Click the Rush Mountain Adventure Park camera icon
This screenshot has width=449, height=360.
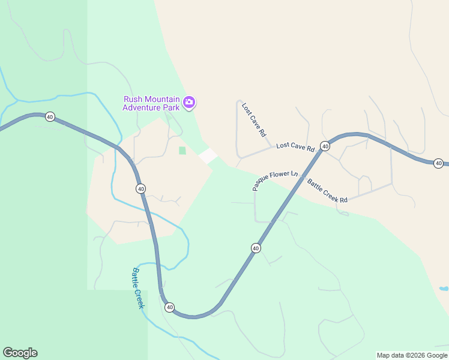point(189,103)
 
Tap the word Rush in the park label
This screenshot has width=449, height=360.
point(133,100)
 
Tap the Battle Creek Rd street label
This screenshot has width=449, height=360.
point(327,191)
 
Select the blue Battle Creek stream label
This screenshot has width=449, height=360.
point(138,288)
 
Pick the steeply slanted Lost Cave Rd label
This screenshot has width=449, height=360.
point(254,120)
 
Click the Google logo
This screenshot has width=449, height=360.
point(20,353)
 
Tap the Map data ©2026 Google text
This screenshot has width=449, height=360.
point(412,355)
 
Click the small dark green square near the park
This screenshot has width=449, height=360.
point(182,150)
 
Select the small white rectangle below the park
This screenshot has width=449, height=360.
point(208,155)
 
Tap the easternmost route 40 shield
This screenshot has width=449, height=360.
point(439,163)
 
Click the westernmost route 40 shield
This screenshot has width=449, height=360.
point(50,117)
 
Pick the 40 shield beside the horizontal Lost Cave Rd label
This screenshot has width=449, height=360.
point(325,146)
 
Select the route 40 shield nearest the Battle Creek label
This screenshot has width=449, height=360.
point(169,307)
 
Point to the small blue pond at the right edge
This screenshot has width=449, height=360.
point(444,289)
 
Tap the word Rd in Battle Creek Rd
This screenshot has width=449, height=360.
point(343,199)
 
